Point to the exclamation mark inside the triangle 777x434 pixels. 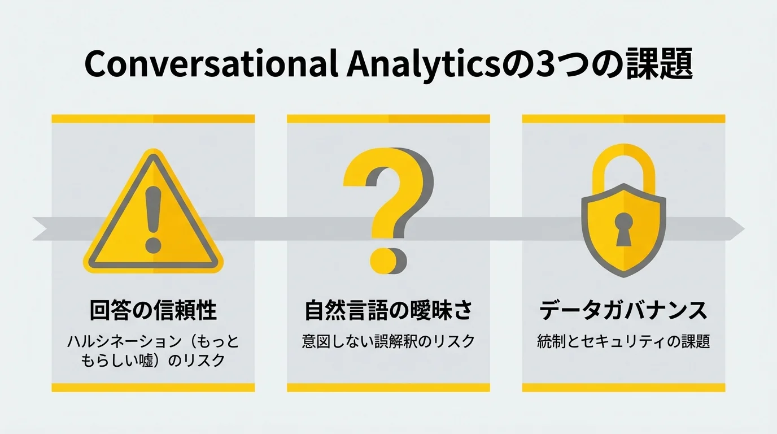click(153, 218)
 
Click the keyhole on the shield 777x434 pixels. click(623, 227)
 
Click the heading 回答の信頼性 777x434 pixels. click(153, 310)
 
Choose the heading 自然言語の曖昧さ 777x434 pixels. click(388, 310)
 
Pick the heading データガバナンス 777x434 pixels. click(623, 310)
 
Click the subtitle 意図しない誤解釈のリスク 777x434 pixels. click(388, 341)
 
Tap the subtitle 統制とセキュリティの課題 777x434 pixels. click(623, 341)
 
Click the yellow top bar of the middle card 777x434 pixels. click(388, 119)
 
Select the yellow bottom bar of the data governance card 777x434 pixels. click(623, 388)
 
